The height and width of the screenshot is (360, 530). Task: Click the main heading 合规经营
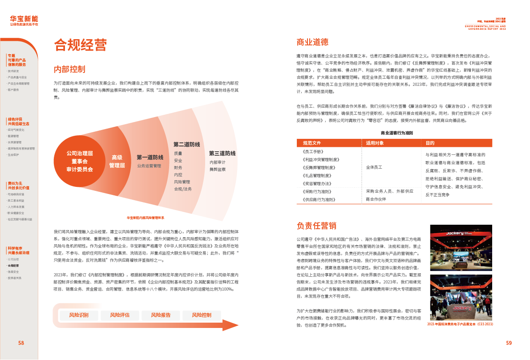pyautogui.click(x=80, y=45)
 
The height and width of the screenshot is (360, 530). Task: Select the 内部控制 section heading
pyautogui.click(x=69, y=69)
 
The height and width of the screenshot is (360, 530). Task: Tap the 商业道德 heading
pyautogui.click(x=312, y=42)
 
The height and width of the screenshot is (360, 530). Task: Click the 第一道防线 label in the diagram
pyautogui.click(x=150, y=158)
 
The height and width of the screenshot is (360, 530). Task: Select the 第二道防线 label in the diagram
pyautogui.click(x=186, y=145)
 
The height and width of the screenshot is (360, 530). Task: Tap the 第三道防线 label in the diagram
pyautogui.click(x=222, y=154)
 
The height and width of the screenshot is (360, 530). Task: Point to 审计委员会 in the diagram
pyautogui.click(x=80, y=169)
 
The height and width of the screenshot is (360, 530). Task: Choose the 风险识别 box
pyautogui.click(x=79, y=315)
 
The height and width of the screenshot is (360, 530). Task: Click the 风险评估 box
pyautogui.click(x=120, y=315)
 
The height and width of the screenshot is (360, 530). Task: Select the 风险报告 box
pyautogui.click(x=161, y=315)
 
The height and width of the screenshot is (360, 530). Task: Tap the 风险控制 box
pyautogui.click(x=202, y=315)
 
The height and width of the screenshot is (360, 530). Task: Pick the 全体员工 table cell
pyautogui.click(x=374, y=167)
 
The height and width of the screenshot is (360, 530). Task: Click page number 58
pyautogui.click(x=21, y=343)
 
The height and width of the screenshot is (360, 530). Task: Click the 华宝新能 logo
pyautogui.click(x=24, y=20)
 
